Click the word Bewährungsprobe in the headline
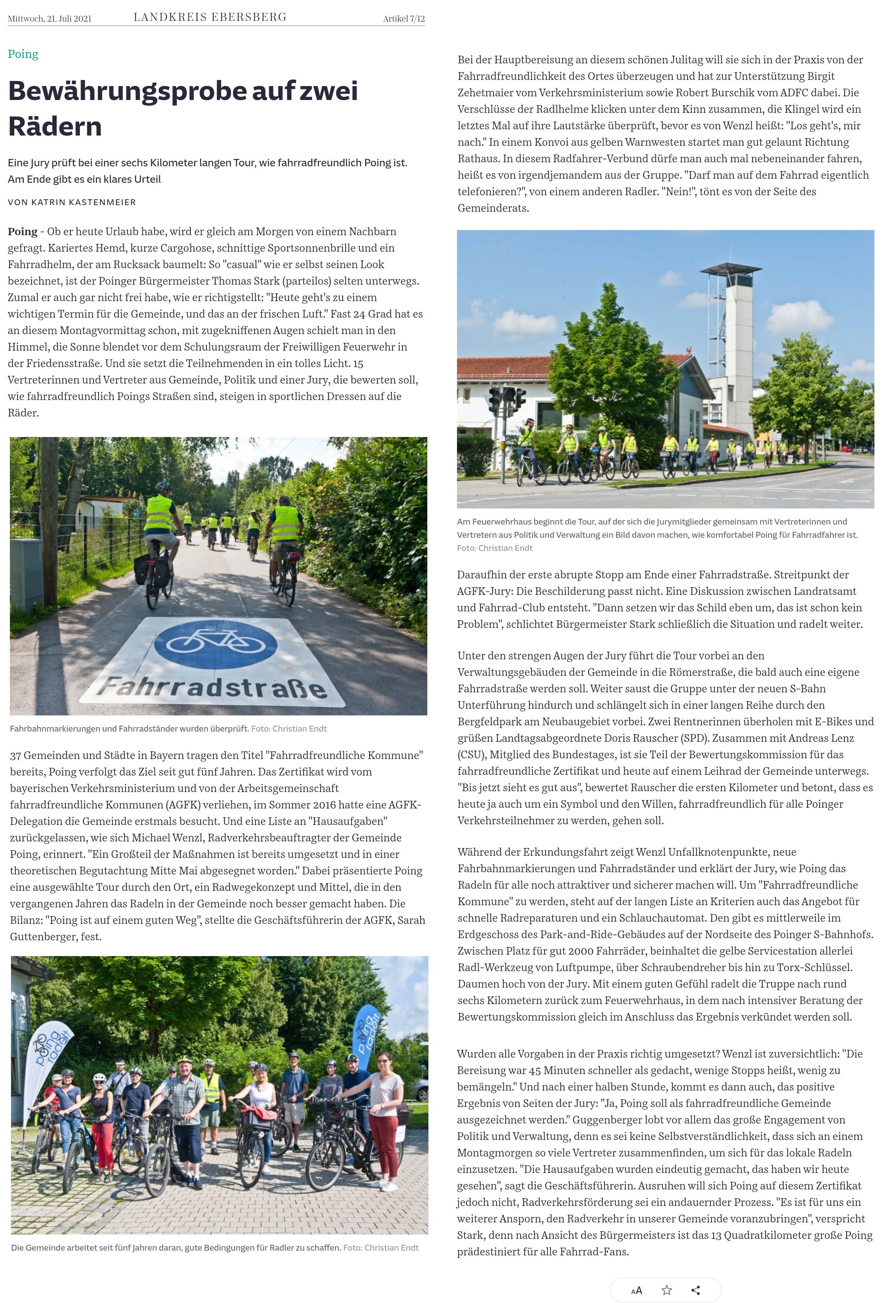pos(128,91)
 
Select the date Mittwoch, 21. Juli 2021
pos(49,19)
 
